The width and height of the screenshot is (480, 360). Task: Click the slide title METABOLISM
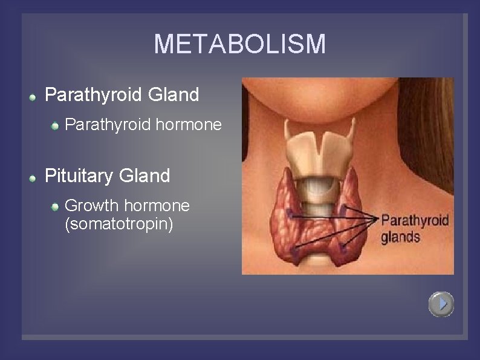(239, 44)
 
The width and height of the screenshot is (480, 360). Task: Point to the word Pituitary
(79, 176)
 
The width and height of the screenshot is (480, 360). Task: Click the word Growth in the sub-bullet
(92, 206)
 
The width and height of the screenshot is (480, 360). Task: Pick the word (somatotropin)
(118, 224)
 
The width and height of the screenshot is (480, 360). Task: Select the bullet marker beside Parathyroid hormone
(55, 125)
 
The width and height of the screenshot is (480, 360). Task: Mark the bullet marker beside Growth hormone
(55, 206)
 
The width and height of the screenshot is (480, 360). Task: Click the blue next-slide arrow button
(441, 304)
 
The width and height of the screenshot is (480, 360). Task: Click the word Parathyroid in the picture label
(415, 220)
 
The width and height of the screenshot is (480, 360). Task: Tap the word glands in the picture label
(400, 237)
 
